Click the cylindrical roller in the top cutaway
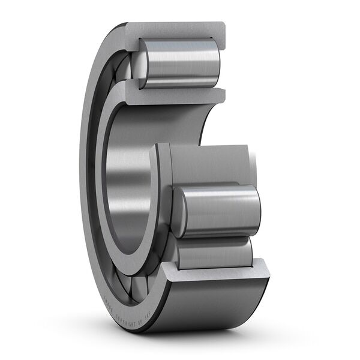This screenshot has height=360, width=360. click(x=180, y=63)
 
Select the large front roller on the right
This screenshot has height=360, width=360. click(x=219, y=211)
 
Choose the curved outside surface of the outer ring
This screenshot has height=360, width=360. click(x=204, y=306)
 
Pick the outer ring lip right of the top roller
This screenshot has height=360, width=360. click(x=220, y=60)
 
